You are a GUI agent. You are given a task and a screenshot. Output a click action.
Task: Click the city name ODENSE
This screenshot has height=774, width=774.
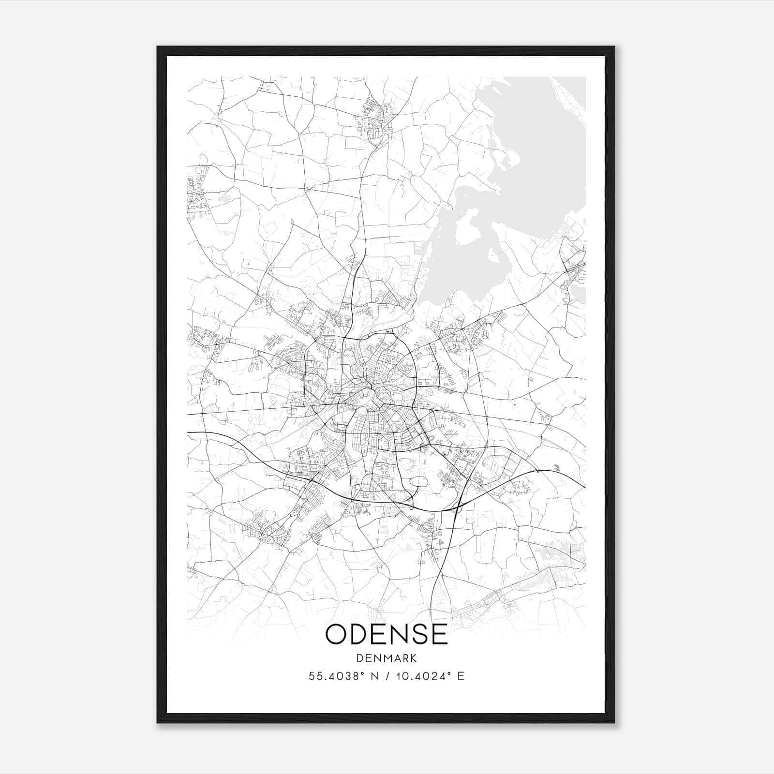point(387,634)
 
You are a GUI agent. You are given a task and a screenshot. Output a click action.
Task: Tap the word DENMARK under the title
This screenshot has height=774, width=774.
point(387,658)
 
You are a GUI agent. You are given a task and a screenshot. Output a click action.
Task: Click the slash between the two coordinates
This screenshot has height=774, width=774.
point(387,676)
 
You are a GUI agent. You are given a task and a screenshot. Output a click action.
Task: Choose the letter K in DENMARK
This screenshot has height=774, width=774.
point(414,658)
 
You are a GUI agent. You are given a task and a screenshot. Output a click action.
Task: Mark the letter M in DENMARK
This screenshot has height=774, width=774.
point(386,658)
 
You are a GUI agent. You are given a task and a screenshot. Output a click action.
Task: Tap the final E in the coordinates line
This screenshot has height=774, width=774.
point(461,676)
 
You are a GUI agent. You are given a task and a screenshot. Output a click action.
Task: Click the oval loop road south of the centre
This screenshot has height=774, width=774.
point(418,482)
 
